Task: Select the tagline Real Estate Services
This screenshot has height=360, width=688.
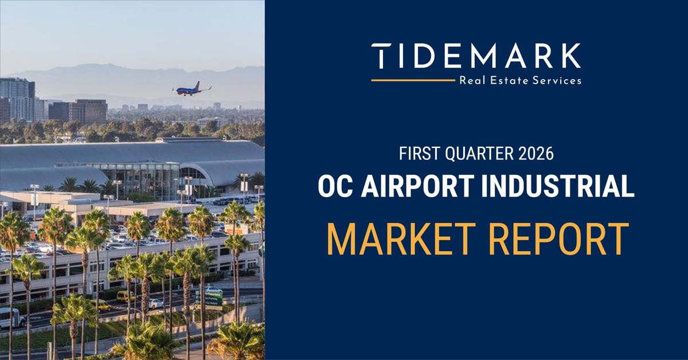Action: point(520,81)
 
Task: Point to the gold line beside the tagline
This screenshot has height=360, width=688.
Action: point(413,81)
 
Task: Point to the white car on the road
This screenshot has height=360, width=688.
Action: point(155,303)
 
